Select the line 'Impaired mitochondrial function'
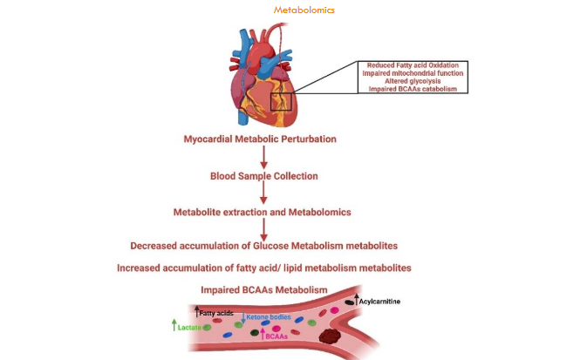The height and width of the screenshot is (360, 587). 413,74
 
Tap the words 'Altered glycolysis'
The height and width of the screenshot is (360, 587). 413,82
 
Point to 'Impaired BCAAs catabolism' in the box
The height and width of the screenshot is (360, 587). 413,90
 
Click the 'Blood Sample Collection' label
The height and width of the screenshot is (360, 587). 263,175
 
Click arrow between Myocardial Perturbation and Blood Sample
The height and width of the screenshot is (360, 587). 263,157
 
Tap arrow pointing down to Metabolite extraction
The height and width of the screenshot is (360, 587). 263,193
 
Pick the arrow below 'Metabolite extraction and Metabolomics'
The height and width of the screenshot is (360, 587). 263,228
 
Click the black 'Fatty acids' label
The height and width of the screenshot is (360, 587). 214,311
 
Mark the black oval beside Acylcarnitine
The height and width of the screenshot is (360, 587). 351,301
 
